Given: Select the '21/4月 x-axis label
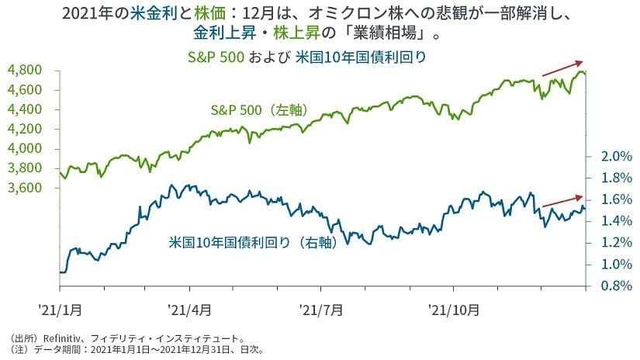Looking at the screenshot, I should pyautogui.click(x=189, y=310).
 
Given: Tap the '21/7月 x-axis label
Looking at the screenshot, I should pyautogui.click(x=321, y=310).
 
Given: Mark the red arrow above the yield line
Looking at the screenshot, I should pyautogui.click(x=562, y=201).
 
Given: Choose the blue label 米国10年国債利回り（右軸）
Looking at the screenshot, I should pyautogui.click(x=254, y=242).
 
